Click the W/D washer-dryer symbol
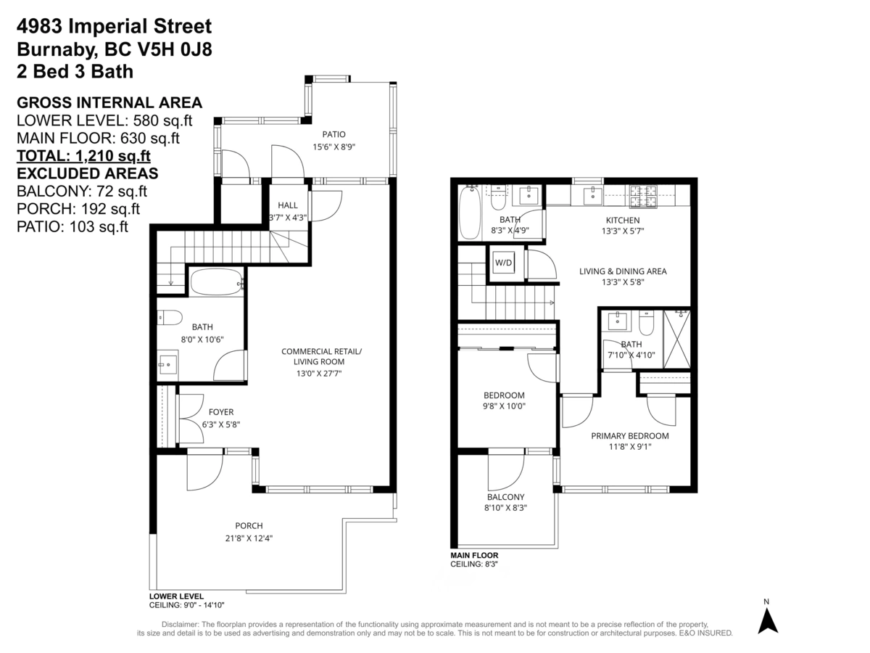503,263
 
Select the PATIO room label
333,134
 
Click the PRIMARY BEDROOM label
630,436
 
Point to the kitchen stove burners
644,197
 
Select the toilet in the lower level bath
169,318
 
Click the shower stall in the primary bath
677,340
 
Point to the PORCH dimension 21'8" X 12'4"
249,538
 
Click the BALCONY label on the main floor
506,497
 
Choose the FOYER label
221,412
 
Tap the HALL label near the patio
288,205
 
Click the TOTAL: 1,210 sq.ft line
83,156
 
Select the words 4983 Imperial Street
114,27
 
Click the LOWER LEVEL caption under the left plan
176,596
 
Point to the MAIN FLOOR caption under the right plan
474,556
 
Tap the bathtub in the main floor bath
470,213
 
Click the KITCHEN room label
623,220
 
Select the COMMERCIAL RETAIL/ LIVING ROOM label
321,356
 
